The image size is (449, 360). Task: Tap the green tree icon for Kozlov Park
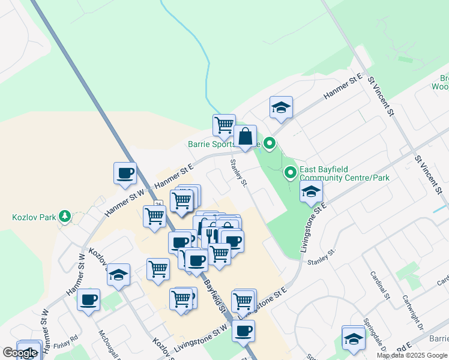tap(64, 216)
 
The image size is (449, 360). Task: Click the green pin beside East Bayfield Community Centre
tap(291, 173)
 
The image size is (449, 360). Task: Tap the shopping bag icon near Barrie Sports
tap(245, 137)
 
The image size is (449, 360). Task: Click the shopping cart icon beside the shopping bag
tap(224, 125)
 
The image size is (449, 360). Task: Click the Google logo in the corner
tap(20, 353)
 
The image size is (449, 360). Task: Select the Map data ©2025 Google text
tap(412, 355)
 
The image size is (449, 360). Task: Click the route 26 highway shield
tap(157, 205)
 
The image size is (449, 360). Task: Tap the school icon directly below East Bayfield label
tap(311, 192)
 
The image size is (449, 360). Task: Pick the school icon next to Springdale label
tap(354, 339)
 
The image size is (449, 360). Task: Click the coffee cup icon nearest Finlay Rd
tap(88, 299)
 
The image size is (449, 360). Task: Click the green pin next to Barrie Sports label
tap(270, 143)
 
